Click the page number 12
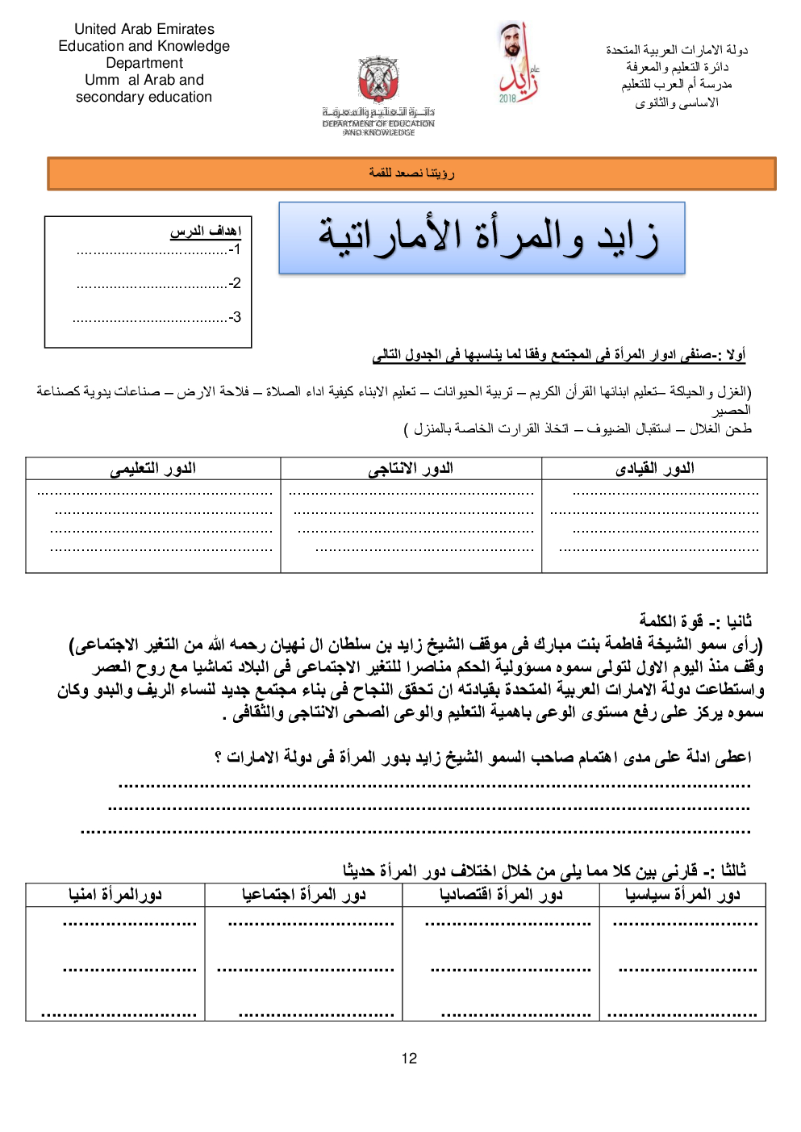click(x=409, y=1059)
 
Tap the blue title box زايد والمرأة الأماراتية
click(x=482, y=238)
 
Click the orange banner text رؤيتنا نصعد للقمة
click(x=411, y=173)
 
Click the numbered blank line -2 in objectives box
click(x=157, y=283)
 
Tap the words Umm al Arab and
click(x=144, y=80)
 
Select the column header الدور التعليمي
click(x=152, y=468)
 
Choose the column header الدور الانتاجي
click(x=411, y=468)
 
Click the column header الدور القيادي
click(x=654, y=468)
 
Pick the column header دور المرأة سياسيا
click(x=682, y=894)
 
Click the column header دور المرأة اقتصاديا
click(x=501, y=894)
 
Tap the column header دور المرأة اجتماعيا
click(x=303, y=894)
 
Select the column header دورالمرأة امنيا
click(x=115, y=894)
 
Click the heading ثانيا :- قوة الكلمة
click(x=695, y=620)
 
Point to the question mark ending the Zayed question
click(x=219, y=758)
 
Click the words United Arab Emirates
click(x=144, y=29)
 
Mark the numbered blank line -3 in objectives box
click(x=157, y=317)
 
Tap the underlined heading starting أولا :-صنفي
click(x=558, y=355)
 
